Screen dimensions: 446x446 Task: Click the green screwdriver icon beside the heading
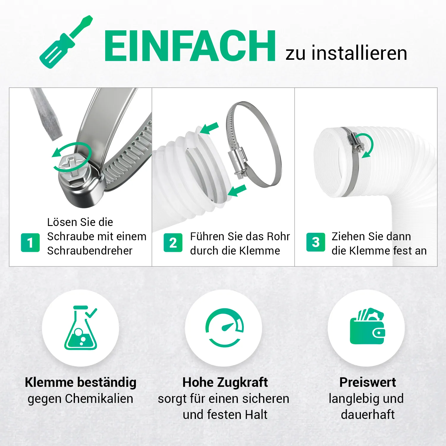coord(66,42)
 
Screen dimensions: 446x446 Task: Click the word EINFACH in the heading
coord(190,46)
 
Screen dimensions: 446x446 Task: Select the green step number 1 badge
coord(30,243)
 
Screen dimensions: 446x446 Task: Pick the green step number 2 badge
coord(173,243)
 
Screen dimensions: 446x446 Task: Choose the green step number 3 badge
coord(316,242)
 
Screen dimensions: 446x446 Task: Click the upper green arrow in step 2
coord(209,128)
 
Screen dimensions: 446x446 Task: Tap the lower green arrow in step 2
coord(237,190)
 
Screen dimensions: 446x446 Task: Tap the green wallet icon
coord(368,326)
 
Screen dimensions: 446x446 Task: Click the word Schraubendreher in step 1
coord(89,251)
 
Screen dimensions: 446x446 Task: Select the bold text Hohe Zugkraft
coord(225,382)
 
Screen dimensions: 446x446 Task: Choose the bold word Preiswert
coord(368,382)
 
